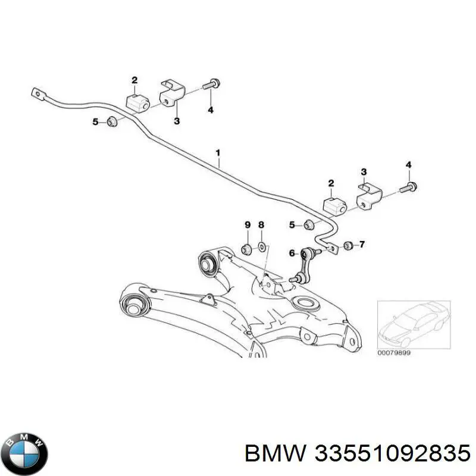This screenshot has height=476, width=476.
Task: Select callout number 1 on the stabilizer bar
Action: click(218, 153)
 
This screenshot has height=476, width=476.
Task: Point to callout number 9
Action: click(248, 224)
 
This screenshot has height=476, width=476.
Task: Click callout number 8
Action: click(261, 224)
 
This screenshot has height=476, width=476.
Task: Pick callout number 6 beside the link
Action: click(292, 253)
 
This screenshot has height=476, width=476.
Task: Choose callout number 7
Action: click(362, 244)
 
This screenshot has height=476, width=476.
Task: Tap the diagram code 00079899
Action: click(395, 353)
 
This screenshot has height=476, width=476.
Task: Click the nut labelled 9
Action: click(246, 247)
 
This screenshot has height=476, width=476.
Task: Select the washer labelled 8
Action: click(261, 247)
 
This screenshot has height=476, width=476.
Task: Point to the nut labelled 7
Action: click(349, 245)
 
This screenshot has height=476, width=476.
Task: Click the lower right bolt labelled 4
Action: click(411, 187)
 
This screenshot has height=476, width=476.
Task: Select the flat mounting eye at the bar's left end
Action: click(37, 93)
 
